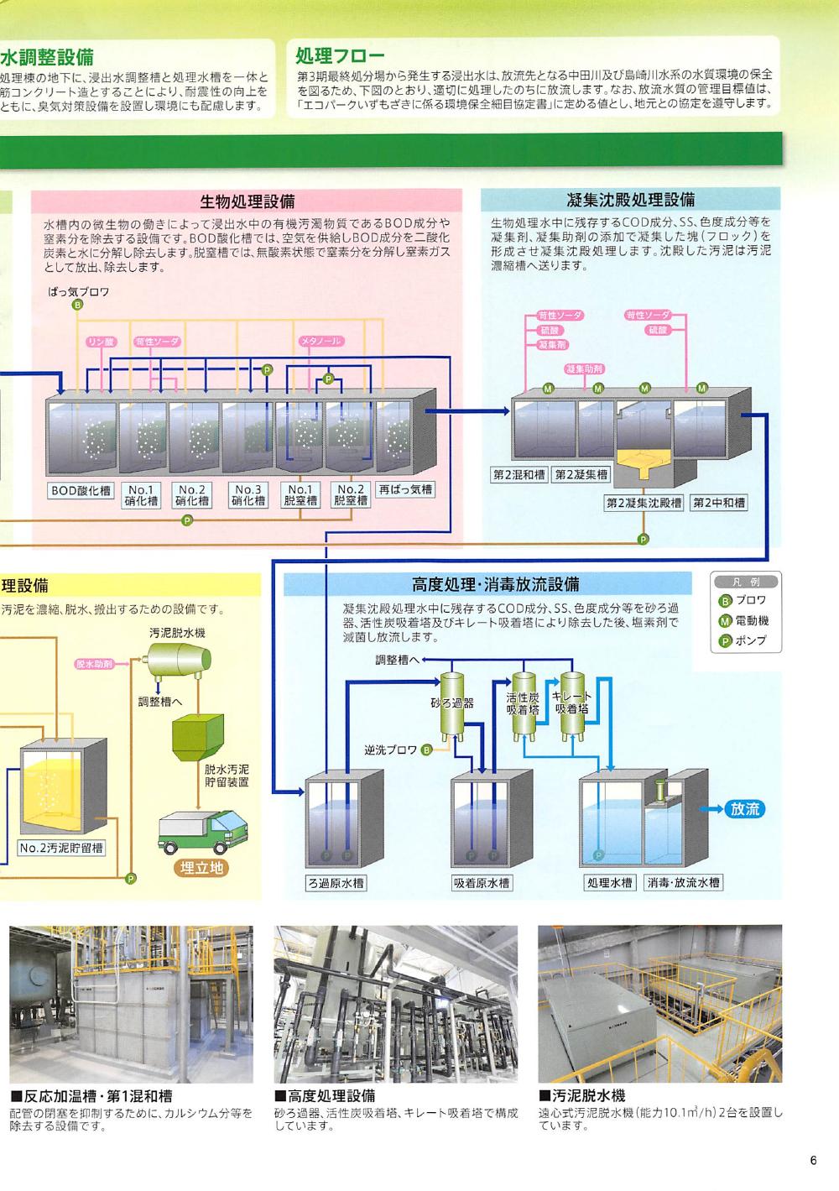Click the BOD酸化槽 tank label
click(81, 491)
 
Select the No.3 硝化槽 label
click(248, 495)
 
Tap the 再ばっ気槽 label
click(405, 489)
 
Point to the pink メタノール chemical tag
click(321, 342)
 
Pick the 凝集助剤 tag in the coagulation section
click(585, 369)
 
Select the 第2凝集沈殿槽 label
click(644, 503)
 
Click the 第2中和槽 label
click(719, 503)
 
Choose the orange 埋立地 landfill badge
click(202, 868)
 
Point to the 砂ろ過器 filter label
click(452, 703)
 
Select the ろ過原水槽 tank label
click(336, 883)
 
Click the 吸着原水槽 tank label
click(482, 883)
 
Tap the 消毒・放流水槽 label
click(683, 883)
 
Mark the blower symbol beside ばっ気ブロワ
click(77, 305)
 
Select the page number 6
click(813, 1162)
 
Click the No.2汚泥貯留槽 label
click(62, 848)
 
